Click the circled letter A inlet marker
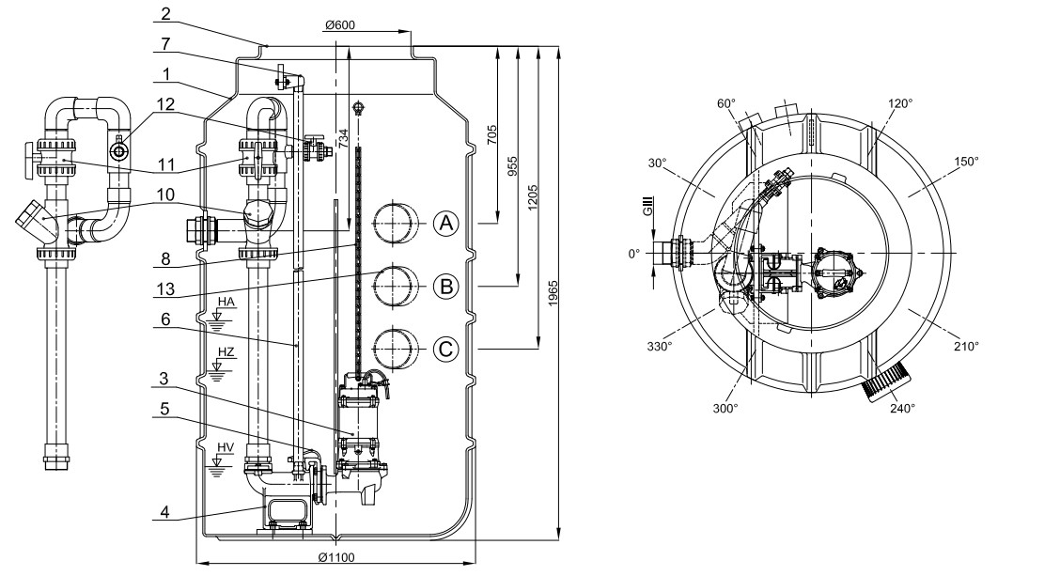tap(445, 223)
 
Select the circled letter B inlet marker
tap(446, 286)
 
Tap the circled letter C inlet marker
tap(445, 350)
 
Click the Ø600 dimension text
tap(339, 25)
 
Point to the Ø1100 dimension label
tap(336, 557)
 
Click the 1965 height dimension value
tap(553, 293)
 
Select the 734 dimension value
tap(343, 138)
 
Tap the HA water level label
tap(226, 302)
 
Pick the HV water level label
tap(226, 447)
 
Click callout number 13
tap(165, 289)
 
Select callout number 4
tap(165, 512)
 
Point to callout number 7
tap(165, 44)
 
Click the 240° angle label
tap(902, 408)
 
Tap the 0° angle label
tap(633, 254)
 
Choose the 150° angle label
tap(966, 161)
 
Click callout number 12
tap(165, 104)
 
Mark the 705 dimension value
tap(492, 133)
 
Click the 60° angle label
tap(726, 103)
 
